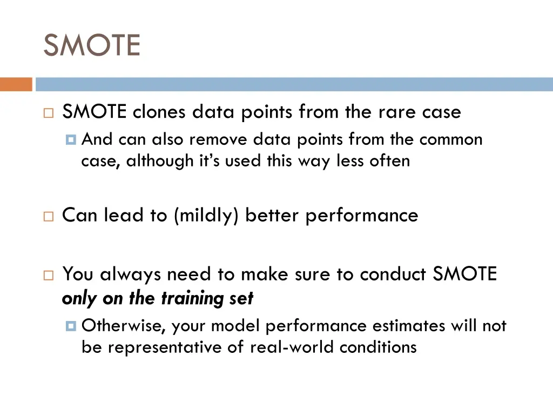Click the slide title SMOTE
[x=91, y=45]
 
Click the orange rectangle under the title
[x=16, y=84]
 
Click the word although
[x=159, y=161]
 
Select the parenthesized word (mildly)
[x=207, y=215]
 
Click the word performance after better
[x=362, y=215]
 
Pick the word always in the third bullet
[x=131, y=275]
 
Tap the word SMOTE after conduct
[x=464, y=275]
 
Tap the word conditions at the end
[x=378, y=347]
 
